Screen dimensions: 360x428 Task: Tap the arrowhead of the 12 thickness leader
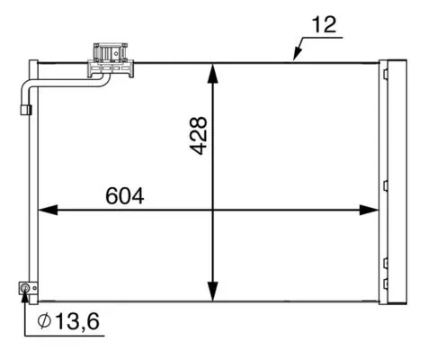(x=296, y=58)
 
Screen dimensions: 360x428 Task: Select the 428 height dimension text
(x=199, y=135)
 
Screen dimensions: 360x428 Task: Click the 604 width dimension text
(x=125, y=194)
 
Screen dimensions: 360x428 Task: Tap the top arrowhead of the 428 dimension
(x=213, y=71)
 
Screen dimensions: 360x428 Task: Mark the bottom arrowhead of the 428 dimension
(x=213, y=292)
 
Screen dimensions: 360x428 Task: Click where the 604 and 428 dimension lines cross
(x=213, y=210)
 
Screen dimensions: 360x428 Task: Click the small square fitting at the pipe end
(x=25, y=109)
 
